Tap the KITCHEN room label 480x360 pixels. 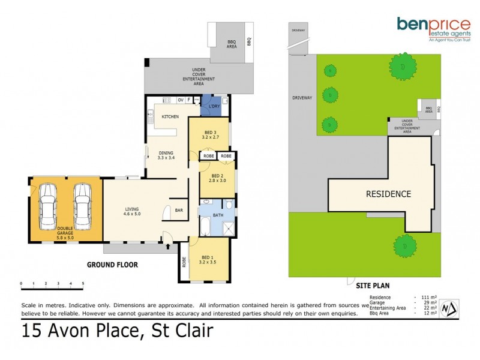coord(170,116)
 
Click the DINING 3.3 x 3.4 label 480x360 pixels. coord(166,155)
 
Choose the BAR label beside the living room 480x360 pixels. coord(178,211)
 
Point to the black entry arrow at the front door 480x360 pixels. coord(167,245)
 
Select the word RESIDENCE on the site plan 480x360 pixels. coord(389,194)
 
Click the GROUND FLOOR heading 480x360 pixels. coord(113,264)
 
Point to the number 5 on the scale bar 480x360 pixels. coord(83,283)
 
